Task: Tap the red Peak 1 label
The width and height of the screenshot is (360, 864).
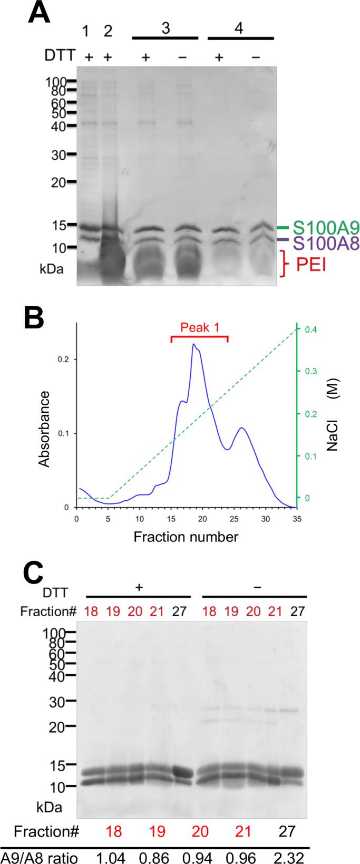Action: coord(199,327)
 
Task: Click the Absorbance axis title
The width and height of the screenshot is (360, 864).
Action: coord(45,429)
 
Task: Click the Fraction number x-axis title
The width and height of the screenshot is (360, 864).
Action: coord(186,537)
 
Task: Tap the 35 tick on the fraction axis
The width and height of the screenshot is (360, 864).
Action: coord(297,519)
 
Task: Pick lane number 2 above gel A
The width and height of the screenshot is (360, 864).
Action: coord(108,31)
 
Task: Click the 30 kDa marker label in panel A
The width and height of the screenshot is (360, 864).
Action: coord(55,155)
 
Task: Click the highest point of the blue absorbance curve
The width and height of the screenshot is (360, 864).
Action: coord(194,345)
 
